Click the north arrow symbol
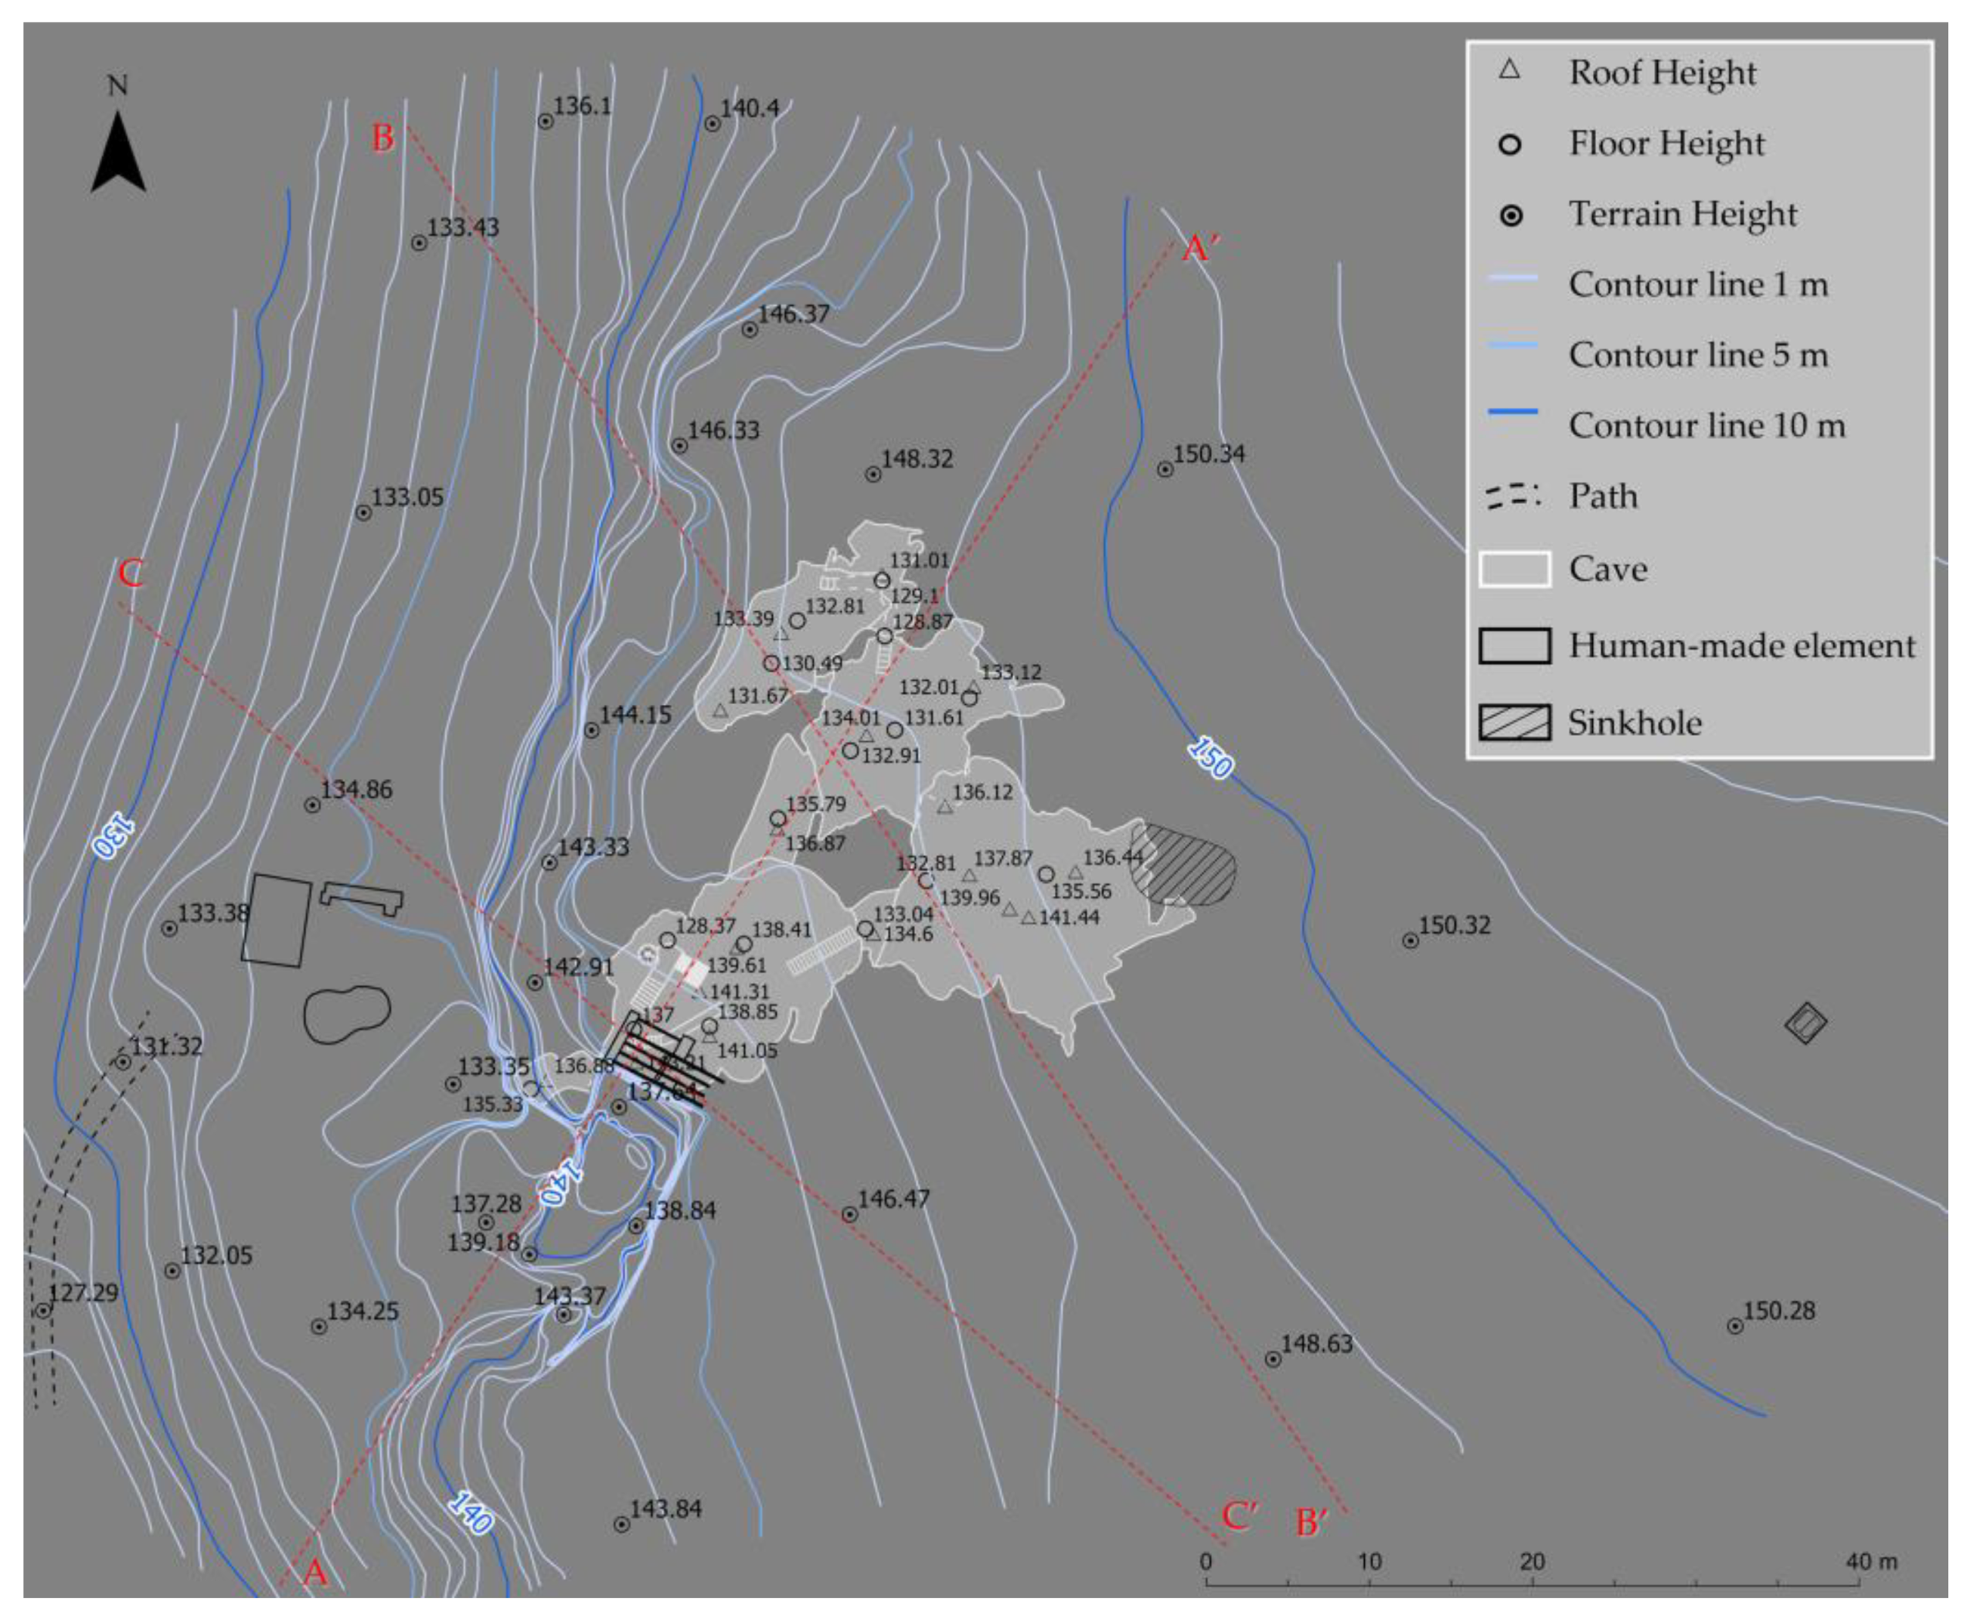pyautogui.click(x=117, y=154)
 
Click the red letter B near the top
pyautogui.click(x=383, y=138)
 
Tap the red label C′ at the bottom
pyautogui.click(x=1239, y=1515)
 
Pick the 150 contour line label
pyautogui.click(x=1210, y=757)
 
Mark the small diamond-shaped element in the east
pyautogui.click(x=1805, y=1023)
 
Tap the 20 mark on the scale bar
pyautogui.click(x=1532, y=1561)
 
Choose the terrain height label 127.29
pyautogui.click(x=83, y=1293)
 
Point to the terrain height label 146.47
pyautogui.click(x=893, y=1199)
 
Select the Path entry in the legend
pyautogui.click(x=1601, y=496)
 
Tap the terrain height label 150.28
pyautogui.click(x=1778, y=1311)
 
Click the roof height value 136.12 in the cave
pyautogui.click(x=982, y=792)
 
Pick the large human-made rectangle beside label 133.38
pyautogui.click(x=277, y=920)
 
